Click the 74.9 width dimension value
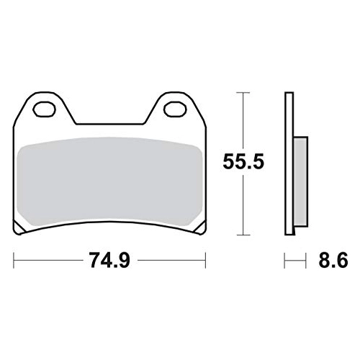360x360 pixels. (x=109, y=260)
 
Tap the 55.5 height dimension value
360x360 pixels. (x=243, y=161)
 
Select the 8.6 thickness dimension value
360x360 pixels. (x=333, y=260)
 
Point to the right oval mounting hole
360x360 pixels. (x=175, y=109)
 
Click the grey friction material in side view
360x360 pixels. (x=300, y=181)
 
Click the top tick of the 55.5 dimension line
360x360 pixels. (x=243, y=92)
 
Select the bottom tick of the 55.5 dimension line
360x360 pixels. (x=243, y=235)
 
